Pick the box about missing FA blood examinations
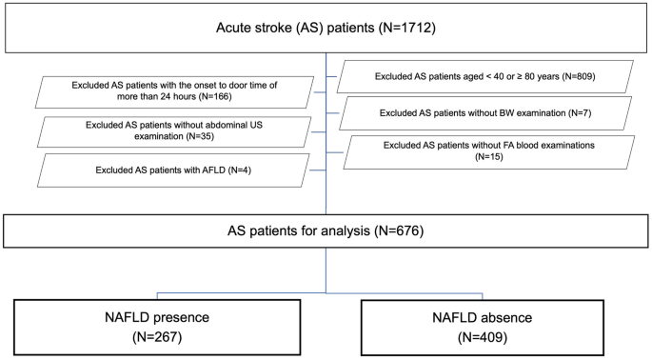tap(487, 152)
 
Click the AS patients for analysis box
tap(326, 230)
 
